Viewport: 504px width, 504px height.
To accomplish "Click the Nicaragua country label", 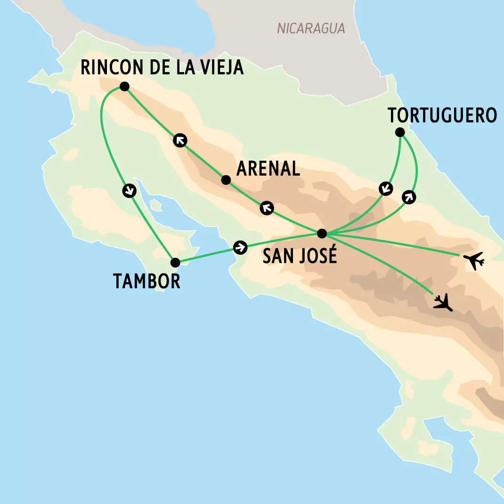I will click(x=311, y=29).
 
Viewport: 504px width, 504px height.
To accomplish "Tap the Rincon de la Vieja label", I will click(x=162, y=67).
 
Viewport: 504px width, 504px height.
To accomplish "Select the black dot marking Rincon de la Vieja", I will click(x=124, y=86).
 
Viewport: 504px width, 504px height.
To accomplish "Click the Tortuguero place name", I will click(x=442, y=115).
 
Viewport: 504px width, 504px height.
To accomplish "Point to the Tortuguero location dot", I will click(x=400, y=132).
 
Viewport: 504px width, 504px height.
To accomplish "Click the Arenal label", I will click(x=268, y=169).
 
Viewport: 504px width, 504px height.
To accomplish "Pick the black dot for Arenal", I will click(x=226, y=180).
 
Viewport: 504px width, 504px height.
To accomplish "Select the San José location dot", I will click(x=322, y=233).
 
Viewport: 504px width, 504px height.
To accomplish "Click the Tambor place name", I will click(x=146, y=281).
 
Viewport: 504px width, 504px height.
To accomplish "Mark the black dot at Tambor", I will click(x=175, y=262).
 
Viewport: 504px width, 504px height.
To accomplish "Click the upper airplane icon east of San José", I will click(x=473, y=260).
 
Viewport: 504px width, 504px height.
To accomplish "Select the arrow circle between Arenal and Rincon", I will click(x=179, y=140).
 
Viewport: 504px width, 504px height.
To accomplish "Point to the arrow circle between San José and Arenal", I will click(x=267, y=208).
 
